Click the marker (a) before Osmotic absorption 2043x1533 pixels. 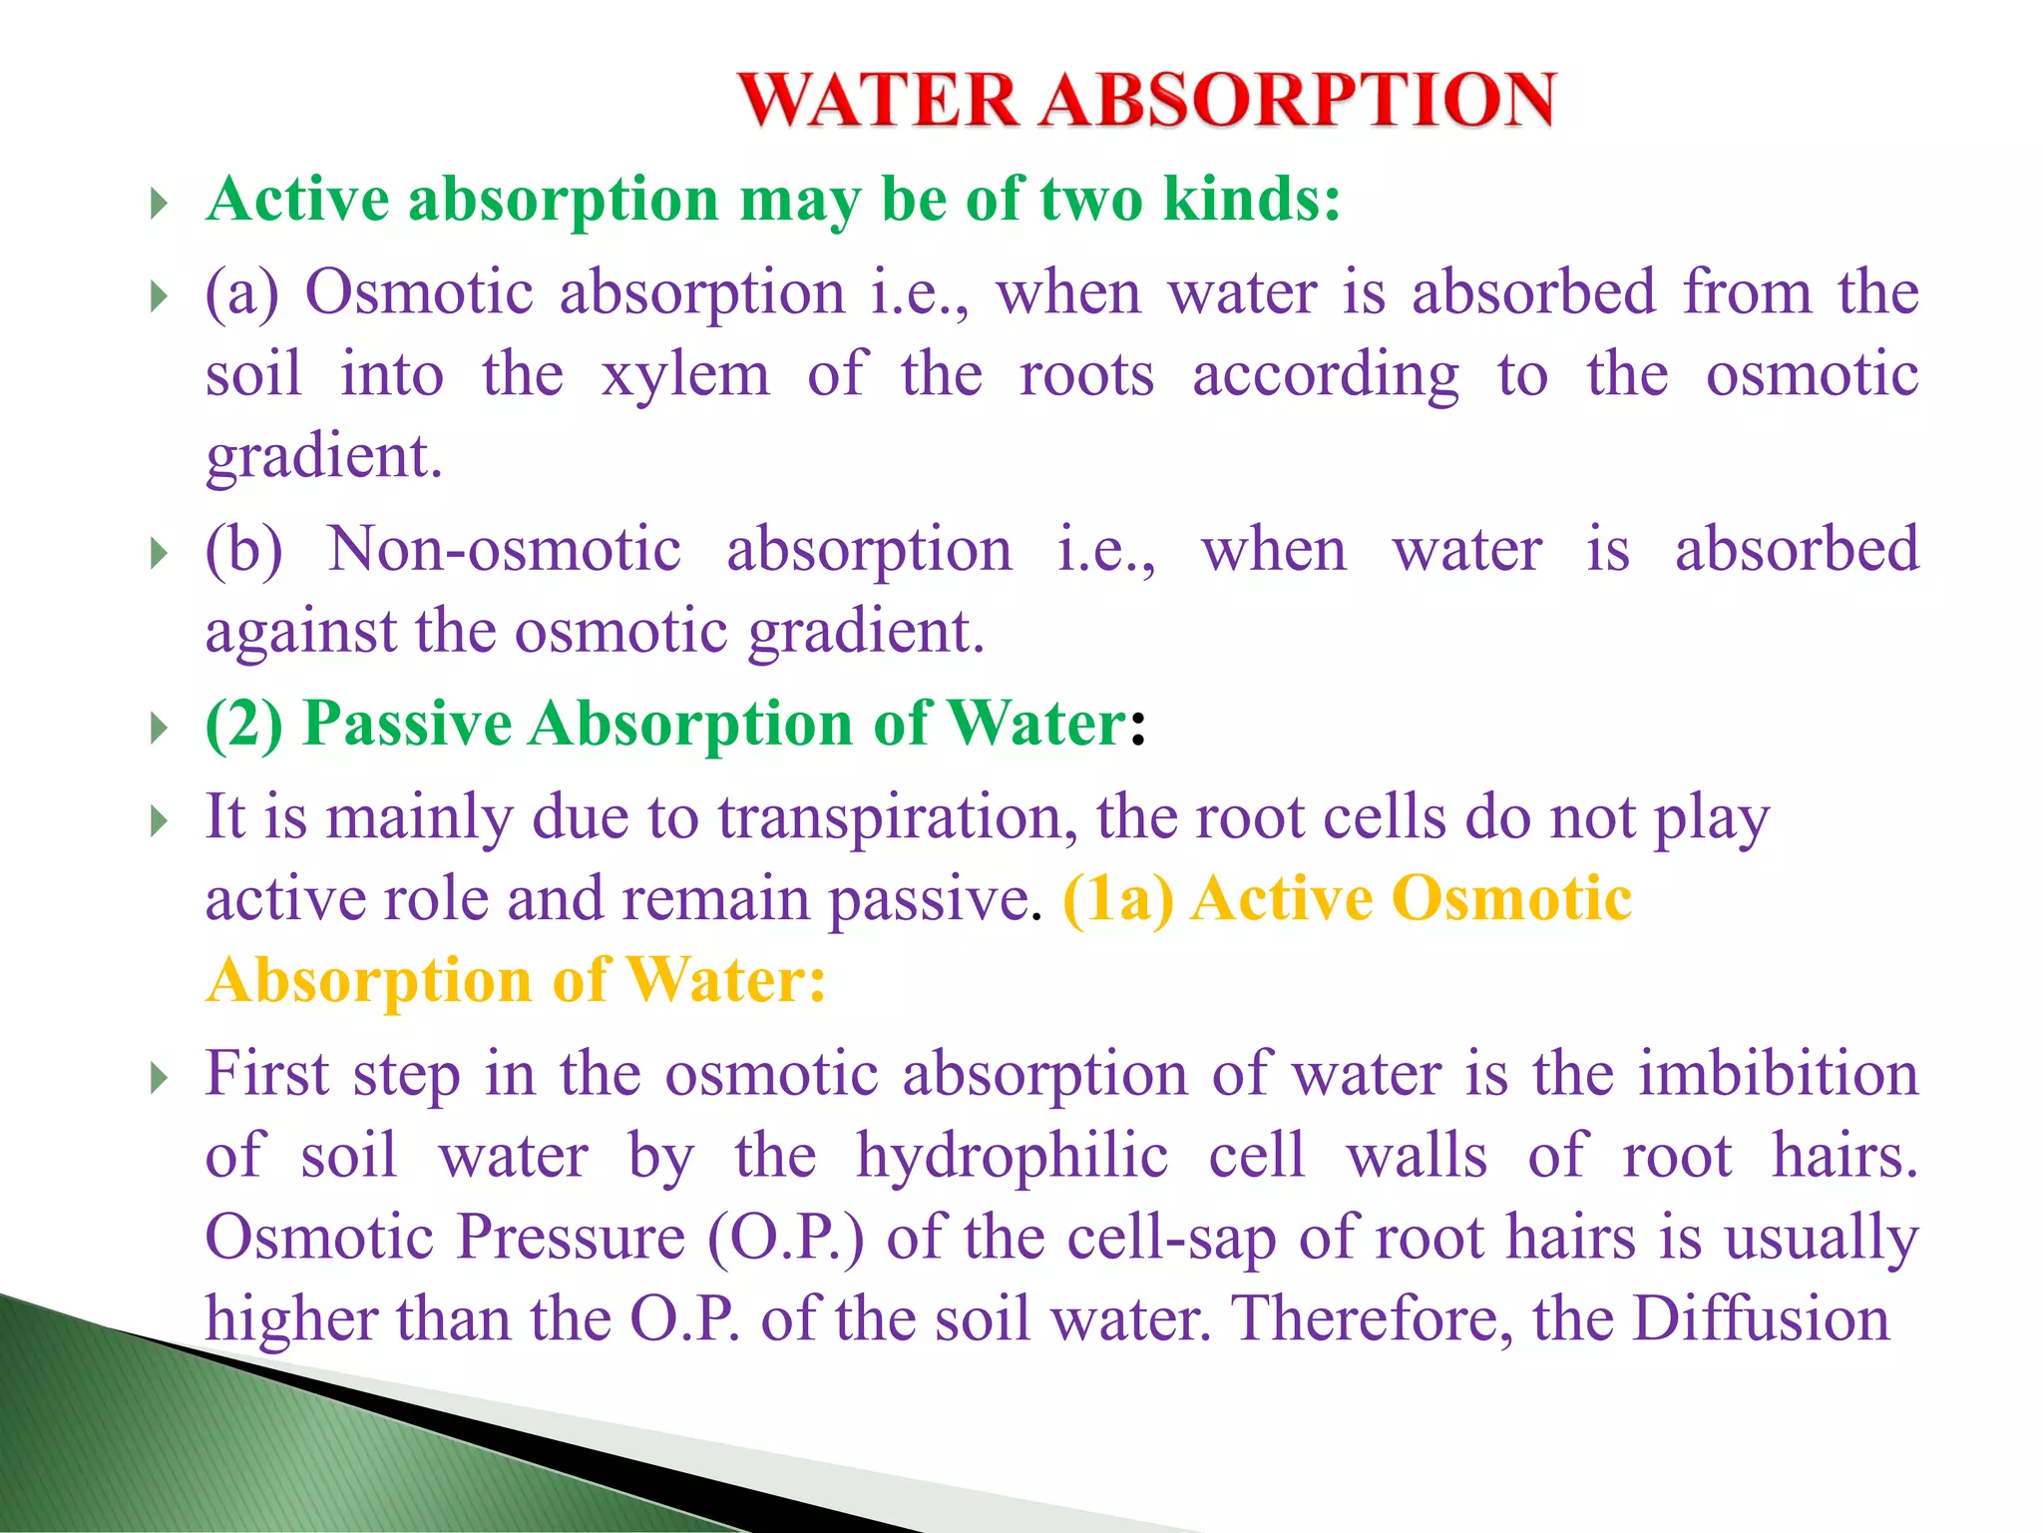click(x=242, y=293)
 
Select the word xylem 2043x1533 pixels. click(x=685, y=376)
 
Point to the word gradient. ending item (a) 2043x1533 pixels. click(x=323, y=457)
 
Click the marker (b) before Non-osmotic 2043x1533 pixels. click(x=244, y=550)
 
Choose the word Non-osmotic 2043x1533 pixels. click(x=504, y=550)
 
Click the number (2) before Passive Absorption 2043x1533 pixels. click(x=244, y=724)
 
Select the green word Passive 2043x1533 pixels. click(x=407, y=724)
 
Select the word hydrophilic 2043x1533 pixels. click(x=1012, y=1157)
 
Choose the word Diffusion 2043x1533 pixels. click(x=1760, y=1319)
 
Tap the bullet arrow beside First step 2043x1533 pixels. click(x=159, y=1078)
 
